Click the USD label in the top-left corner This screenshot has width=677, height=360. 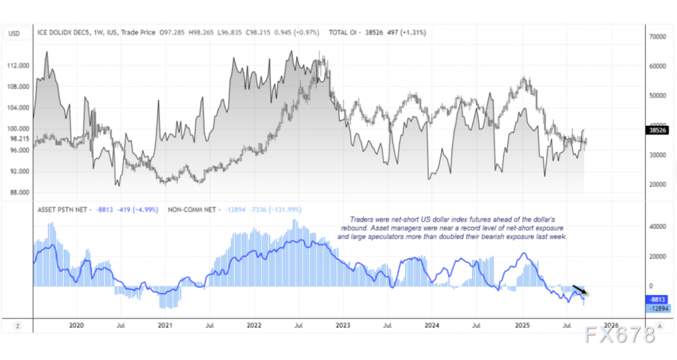[x=14, y=33]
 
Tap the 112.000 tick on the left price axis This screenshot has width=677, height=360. [x=17, y=66]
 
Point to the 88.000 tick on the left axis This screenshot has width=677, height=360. [x=17, y=192]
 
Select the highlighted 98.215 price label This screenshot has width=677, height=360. [x=17, y=139]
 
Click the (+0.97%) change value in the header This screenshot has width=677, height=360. [x=302, y=33]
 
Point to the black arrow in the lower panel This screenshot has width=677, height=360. [x=580, y=289]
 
